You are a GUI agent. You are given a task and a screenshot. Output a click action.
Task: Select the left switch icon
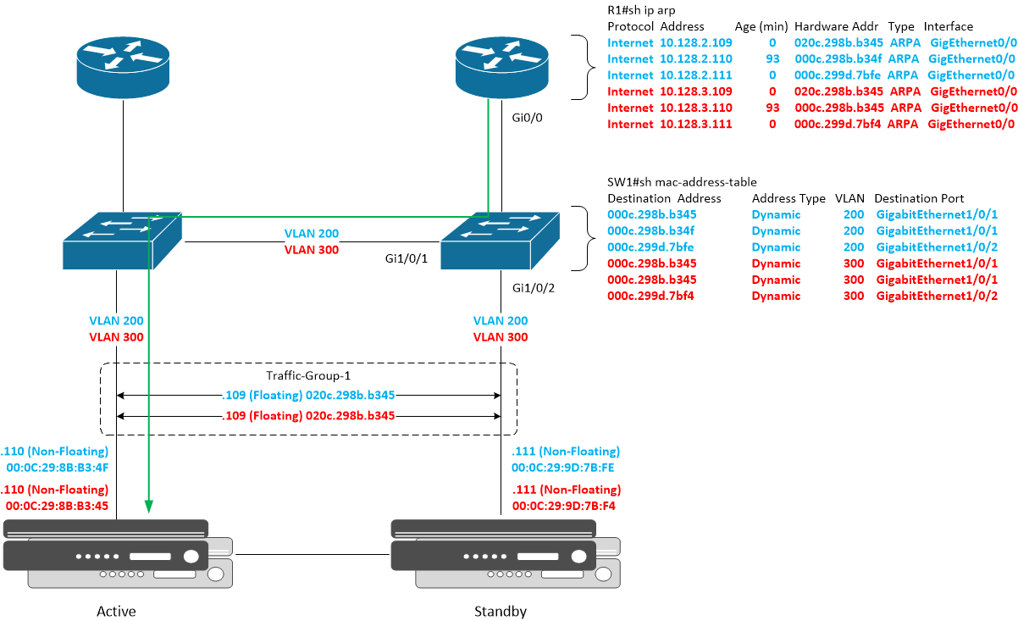(x=123, y=241)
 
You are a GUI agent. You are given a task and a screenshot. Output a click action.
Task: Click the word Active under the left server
(x=116, y=611)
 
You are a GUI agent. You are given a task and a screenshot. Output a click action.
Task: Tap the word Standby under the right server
(x=501, y=611)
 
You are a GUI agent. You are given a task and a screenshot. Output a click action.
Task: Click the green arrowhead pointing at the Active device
(x=149, y=507)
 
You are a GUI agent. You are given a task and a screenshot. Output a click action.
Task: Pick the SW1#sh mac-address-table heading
(x=682, y=181)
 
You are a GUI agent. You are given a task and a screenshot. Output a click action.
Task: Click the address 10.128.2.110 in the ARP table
(x=695, y=58)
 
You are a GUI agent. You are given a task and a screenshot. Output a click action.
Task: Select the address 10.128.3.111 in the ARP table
(x=695, y=125)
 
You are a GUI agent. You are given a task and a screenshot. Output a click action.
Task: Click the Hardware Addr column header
(x=836, y=26)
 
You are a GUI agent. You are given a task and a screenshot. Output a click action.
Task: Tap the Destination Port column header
(x=919, y=198)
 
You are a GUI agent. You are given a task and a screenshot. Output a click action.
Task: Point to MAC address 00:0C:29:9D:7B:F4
(x=566, y=506)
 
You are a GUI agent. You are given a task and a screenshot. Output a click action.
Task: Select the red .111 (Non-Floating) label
(x=567, y=490)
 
